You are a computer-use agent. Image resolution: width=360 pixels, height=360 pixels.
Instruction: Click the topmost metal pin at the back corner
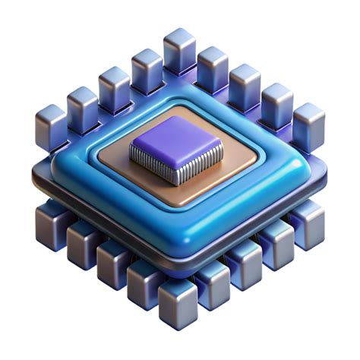pyautogui.click(x=180, y=50)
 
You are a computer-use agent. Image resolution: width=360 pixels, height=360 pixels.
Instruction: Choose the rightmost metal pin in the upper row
pyautogui.click(x=308, y=125)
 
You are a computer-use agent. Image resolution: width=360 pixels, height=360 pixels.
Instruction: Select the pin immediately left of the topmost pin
pyautogui.click(x=147, y=69)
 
